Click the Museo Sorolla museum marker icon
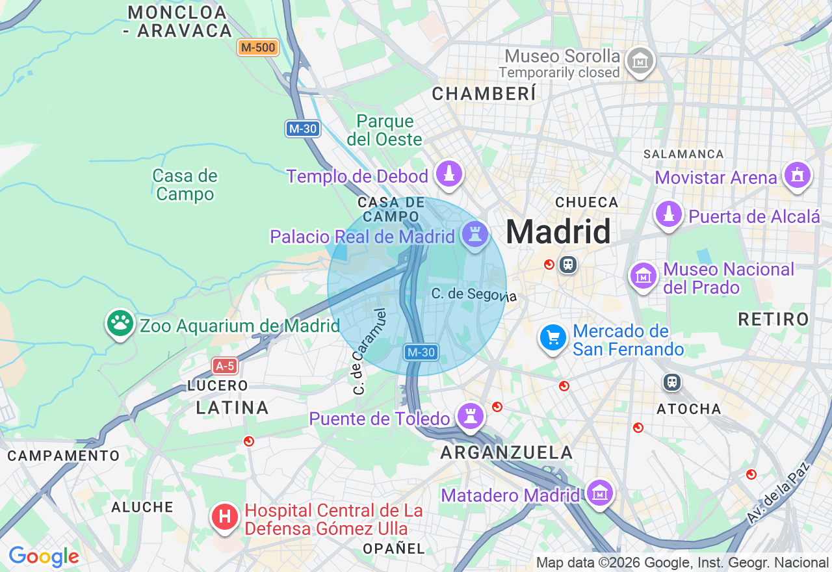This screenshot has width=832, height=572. click(x=640, y=61)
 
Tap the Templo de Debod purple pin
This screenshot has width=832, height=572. click(x=449, y=174)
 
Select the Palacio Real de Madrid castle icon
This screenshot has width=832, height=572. click(x=474, y=234)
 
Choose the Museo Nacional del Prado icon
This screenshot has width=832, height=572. click(x=643, y=276)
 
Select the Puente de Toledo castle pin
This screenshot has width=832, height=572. click(x=469, y=416)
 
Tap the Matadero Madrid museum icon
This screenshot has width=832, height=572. click(x=599, y=493)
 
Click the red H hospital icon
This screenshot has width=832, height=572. click(x=225, y=517)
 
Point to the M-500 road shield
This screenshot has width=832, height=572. click(x=258, y=47)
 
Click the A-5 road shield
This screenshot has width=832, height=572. click(x=225, y=366)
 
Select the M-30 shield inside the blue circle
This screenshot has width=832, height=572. click(x=421, y=352)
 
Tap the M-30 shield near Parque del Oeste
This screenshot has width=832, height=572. click(x=303, y=129)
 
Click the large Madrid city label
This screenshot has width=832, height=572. click(x=558, y=231)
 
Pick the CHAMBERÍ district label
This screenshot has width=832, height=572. click(x=485, y=94)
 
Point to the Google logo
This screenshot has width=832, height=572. click(x=44, y=556)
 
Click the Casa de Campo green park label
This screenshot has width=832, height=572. click(x=185, y=185)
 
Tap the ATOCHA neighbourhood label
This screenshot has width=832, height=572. click(x=689, y=409)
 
